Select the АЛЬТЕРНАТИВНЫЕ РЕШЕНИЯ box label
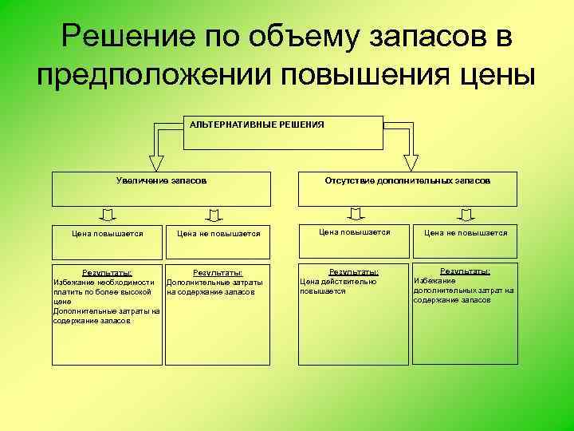coord(256,125)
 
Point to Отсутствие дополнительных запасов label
coord(407,181)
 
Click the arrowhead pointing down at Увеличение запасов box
coord(158,162)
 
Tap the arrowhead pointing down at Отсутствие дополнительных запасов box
coord(411,161)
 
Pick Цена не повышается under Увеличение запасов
coord(218,234)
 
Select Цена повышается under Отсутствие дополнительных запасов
coord(354,232)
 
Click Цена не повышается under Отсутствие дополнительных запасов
coord(466,233)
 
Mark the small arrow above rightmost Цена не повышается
coord(466,213)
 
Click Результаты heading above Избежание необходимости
coord(107,273)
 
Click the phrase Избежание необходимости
coord(104,283)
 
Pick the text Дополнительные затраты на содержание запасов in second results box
coord(214,287)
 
